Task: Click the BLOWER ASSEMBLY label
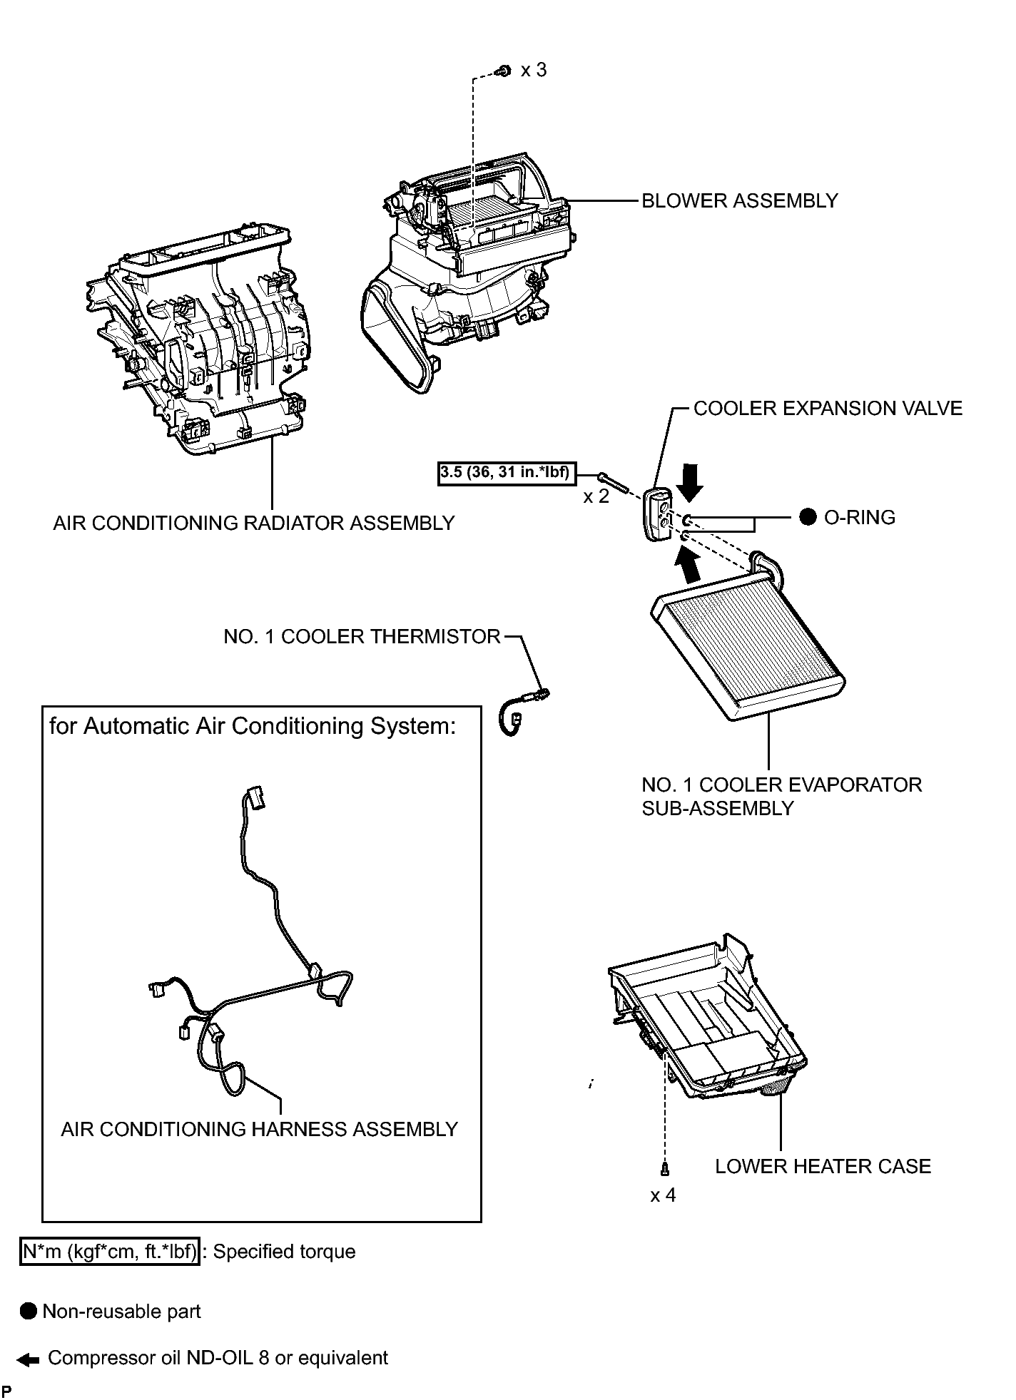(740, 201)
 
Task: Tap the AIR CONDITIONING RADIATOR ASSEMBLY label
(254, 523)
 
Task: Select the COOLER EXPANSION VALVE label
(828, 409)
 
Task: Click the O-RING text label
(860, 518)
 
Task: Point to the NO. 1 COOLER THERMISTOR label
(362, 637)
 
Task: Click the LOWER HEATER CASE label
(823, 1167)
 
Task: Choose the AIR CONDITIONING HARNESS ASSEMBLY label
(260, 1130)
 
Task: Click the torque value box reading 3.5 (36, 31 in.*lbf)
(506, 474)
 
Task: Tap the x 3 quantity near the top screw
(534, 70)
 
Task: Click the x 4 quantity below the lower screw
(663, 1195)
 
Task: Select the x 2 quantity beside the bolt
(596, 497)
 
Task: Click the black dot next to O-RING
(808, 518)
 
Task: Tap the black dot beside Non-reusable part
(29, 1312)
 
